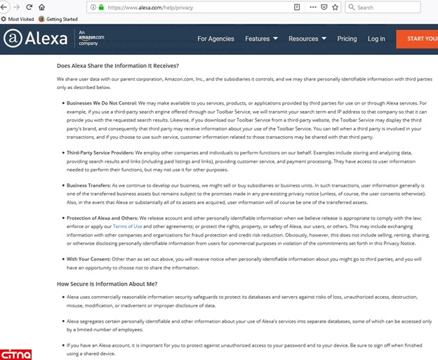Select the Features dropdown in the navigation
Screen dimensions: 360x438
pyautogui.click(x=261, y=39)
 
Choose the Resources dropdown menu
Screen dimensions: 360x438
pyautogui.click(x=307, y=39)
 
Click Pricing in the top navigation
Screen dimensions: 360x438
pyautogui.click(x=347, y=39)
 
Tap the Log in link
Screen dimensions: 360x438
pyautogui.click(x=376, y=39)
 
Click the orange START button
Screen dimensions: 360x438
pyautogui.click(x=418, y=39)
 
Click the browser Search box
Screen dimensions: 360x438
pyautogui.click(x=393, y=7)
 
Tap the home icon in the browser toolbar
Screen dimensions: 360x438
pyautogui.click(x=42, y=7)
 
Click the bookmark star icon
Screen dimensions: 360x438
pyautogui.click(x=334, y=7)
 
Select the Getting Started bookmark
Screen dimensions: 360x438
pyautogui.click(x=61, y=19)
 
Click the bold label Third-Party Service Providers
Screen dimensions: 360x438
pyautogui.click(x=99, y=152)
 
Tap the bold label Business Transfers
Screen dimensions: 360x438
pyautogui.click(x=88, y=185)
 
